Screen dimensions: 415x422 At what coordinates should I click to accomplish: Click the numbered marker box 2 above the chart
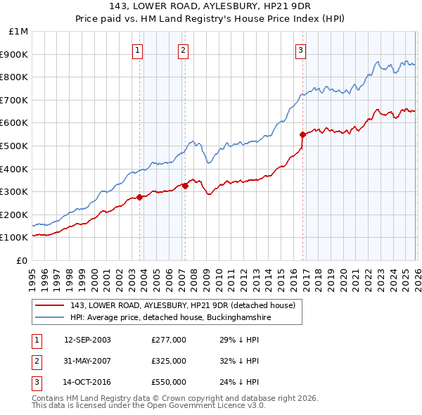click(x=183, y=49)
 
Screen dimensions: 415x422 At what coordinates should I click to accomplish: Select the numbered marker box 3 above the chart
click(x=300, y=49)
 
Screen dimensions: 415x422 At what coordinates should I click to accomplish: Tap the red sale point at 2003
click(x=139, y=197)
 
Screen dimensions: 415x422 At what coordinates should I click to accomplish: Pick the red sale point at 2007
click(x=185, y=186)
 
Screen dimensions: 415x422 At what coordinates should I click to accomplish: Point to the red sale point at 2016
click(x=302, y=134)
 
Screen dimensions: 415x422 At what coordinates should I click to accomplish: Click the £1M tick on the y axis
click(x=19, y=32)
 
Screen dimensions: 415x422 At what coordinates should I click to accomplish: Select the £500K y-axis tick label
click(x=16, y=146)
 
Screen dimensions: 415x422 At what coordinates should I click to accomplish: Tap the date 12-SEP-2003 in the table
click(x=87, y=340)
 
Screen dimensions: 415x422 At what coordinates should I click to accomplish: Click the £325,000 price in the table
click(x=169, y=361)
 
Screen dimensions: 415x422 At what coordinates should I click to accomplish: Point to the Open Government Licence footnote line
click(x=148, y=406)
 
